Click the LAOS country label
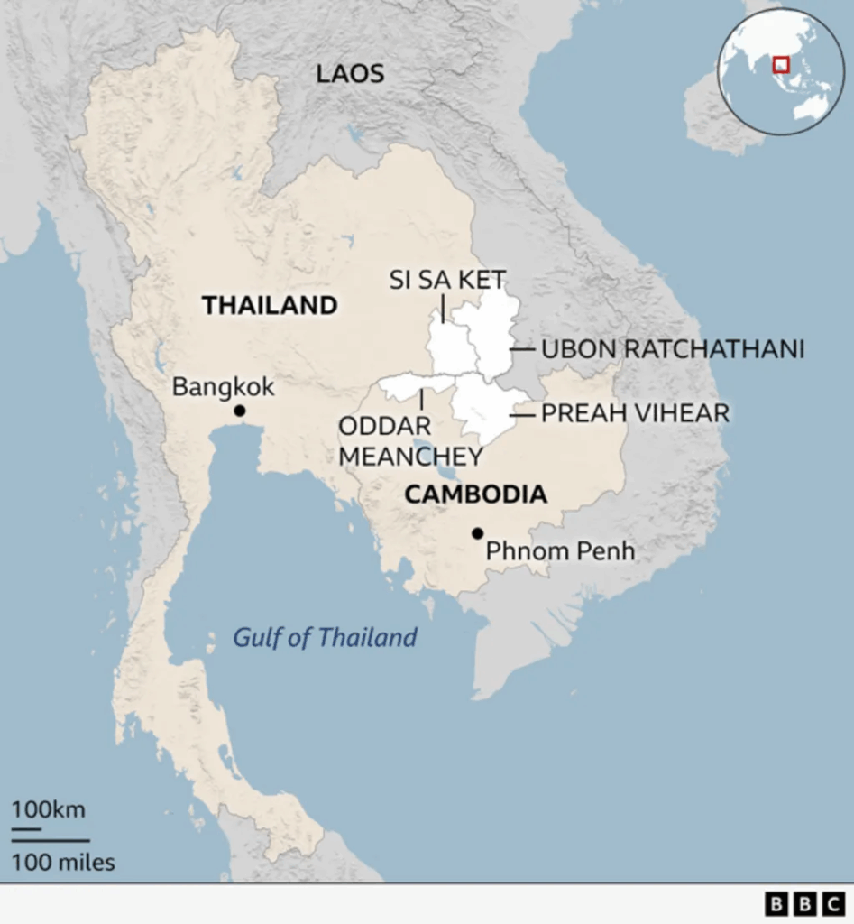[x=350, y=74]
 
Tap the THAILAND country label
[x=270, y=305]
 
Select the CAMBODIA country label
[x=475, y=494]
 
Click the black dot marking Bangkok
[x=240, y=411]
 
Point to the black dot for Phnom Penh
[x=477, y=533]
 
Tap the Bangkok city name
[x=223, y=387]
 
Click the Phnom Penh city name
[x=560, y=550]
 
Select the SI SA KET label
[x=447, y=280]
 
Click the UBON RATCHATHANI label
[x=672, y=349]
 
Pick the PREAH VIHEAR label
[x=635, y=414]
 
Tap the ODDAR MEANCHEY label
[x=398, y=441]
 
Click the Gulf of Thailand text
[x=325, y=638]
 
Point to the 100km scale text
[x=49, y=809]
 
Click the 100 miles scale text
[x=63, y=863]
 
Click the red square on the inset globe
[x=781, y=64]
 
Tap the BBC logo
[x=804, y=903]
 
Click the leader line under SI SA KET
[x=443, y=308]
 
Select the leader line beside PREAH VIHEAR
[x=522, y=415]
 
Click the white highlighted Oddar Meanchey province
[x=410, y=387]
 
